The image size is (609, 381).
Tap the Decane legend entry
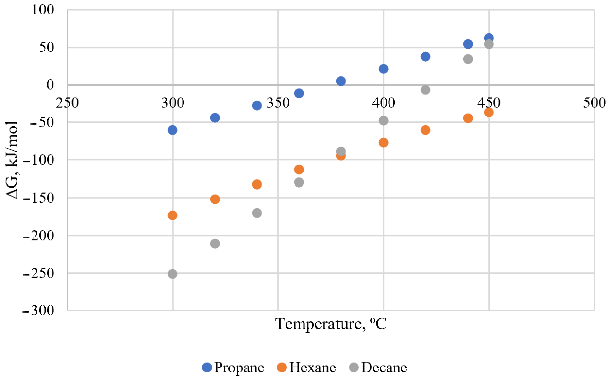[x=378, y=367]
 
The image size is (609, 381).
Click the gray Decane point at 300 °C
[x=172, y=274]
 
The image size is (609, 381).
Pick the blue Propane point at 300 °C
[x=172, y=130]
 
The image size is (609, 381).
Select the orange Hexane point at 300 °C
[x=172, y=215]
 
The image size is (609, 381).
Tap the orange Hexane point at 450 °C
[x=489, y=112]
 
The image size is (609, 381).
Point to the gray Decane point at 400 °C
[x=383, y=120]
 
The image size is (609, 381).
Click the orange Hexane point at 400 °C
[x=383, y=143]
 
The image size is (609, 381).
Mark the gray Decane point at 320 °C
[x=215, y=244]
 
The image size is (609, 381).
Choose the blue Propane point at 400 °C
[x=383, y=69]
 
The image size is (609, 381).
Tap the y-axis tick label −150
[x=38, y=198]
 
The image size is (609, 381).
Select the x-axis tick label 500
[x=594, y=103]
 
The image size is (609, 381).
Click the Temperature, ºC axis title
[x=331, y=324]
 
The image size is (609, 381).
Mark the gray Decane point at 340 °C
[x=257, y=213]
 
